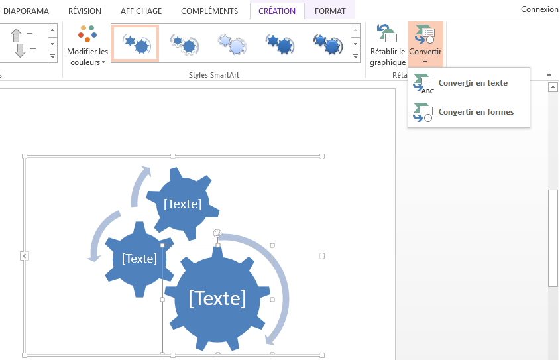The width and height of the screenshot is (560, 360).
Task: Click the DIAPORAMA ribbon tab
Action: click(27, 11)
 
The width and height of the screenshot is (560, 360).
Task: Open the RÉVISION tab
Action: click(84, 11)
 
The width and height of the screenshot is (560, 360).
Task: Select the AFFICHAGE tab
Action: click(140, 11)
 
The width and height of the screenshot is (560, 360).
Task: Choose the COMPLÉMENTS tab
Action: click(209, 11)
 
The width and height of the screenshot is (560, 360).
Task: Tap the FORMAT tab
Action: click(330, 11)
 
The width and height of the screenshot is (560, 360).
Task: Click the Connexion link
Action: click(539, 9)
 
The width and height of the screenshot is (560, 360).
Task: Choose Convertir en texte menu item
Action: click(473, 84)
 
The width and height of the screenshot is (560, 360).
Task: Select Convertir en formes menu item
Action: click(475, 112)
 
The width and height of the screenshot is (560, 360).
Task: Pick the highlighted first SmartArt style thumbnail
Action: click(135, 43)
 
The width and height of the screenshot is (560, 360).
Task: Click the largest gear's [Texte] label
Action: click(217, 298)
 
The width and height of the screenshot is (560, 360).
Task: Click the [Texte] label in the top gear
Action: click(182, 204)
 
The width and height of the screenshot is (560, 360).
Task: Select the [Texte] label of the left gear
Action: click(139, 258)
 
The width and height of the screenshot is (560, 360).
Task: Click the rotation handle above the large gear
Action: click(217, 233)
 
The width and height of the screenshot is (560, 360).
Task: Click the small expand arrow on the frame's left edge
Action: click(24, 256)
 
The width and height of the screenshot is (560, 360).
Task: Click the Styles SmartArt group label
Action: click(214, 75)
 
